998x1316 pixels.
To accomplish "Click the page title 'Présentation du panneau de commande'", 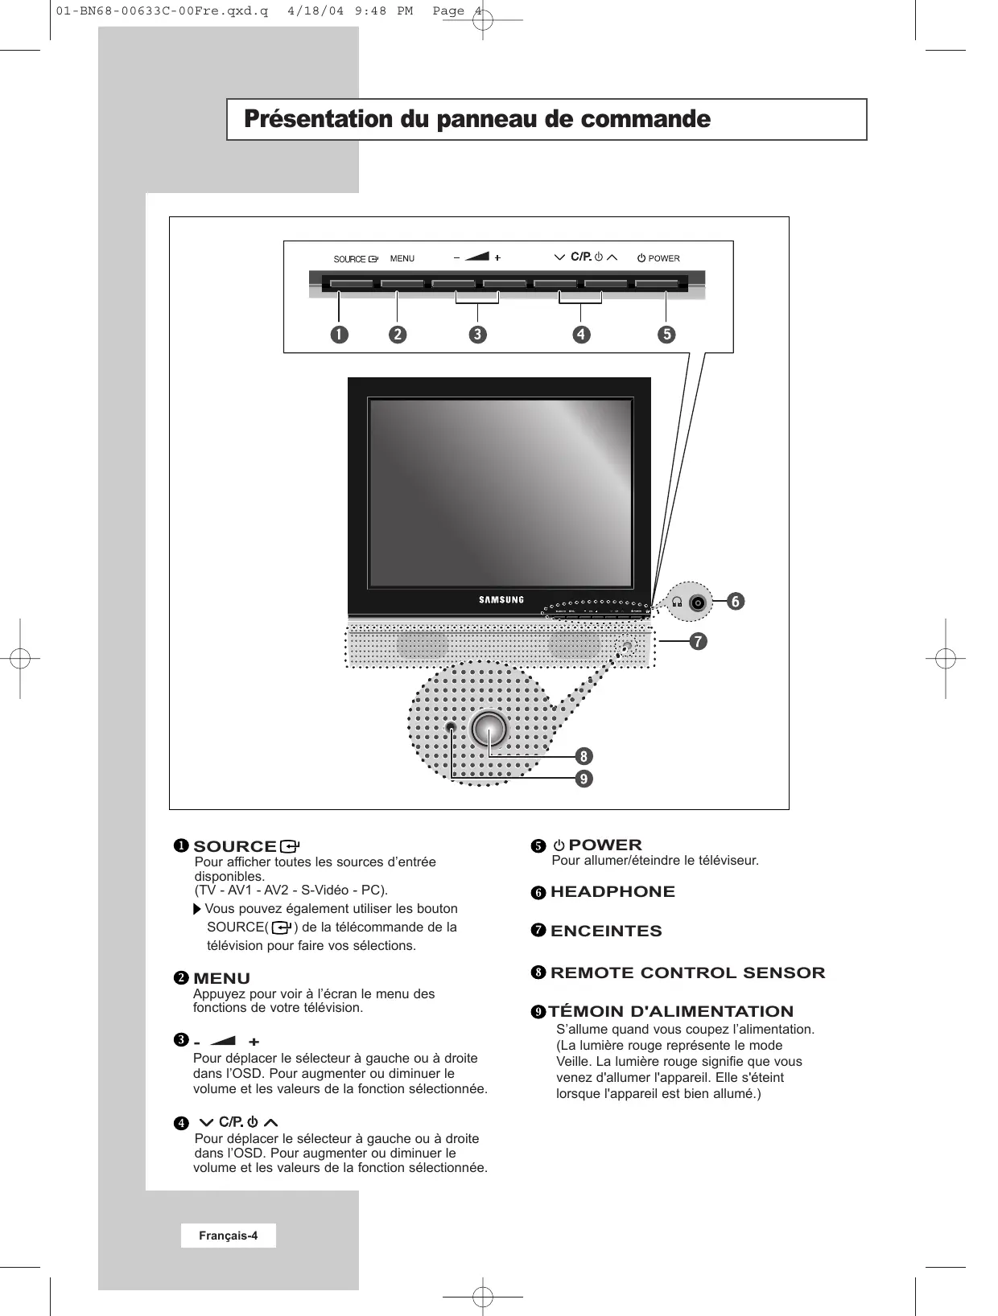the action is click(x=477, y=120).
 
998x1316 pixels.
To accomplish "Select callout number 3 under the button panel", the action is click(x=478, y=334).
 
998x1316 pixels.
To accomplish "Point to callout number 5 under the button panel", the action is click(x=666, y=334).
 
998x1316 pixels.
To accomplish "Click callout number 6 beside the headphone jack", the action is click(x=734, y=601).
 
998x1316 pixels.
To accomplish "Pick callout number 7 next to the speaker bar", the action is click(x=697, y=641).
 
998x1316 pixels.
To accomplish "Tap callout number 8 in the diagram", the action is click(x=584, y=756).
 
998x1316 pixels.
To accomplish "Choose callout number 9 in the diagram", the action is click(x=584, y=779).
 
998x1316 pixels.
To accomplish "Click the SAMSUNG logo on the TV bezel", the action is click(x=501, y=599).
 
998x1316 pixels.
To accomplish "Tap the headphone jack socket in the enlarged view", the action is click(x=698, y=602).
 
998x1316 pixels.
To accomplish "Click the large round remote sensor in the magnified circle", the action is click(x=489, y=728).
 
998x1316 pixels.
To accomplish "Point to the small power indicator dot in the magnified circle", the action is click(x=452, y=728).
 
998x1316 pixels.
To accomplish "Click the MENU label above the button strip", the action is click(x=402, y=258).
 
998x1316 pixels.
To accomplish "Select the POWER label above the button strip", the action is click(x=664, y=258).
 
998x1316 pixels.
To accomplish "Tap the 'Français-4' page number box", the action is click(x=229, y=1236).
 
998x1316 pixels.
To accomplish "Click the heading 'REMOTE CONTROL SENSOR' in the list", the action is click(x=687, y=973).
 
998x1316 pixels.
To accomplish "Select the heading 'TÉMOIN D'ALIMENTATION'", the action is click(x=671, y=1011).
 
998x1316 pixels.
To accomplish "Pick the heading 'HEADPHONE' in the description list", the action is click(x=612, y=891).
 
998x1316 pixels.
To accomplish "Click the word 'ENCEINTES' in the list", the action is click(x=606, y=931).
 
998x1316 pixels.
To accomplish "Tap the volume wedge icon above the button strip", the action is click(x=477, y=257).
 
